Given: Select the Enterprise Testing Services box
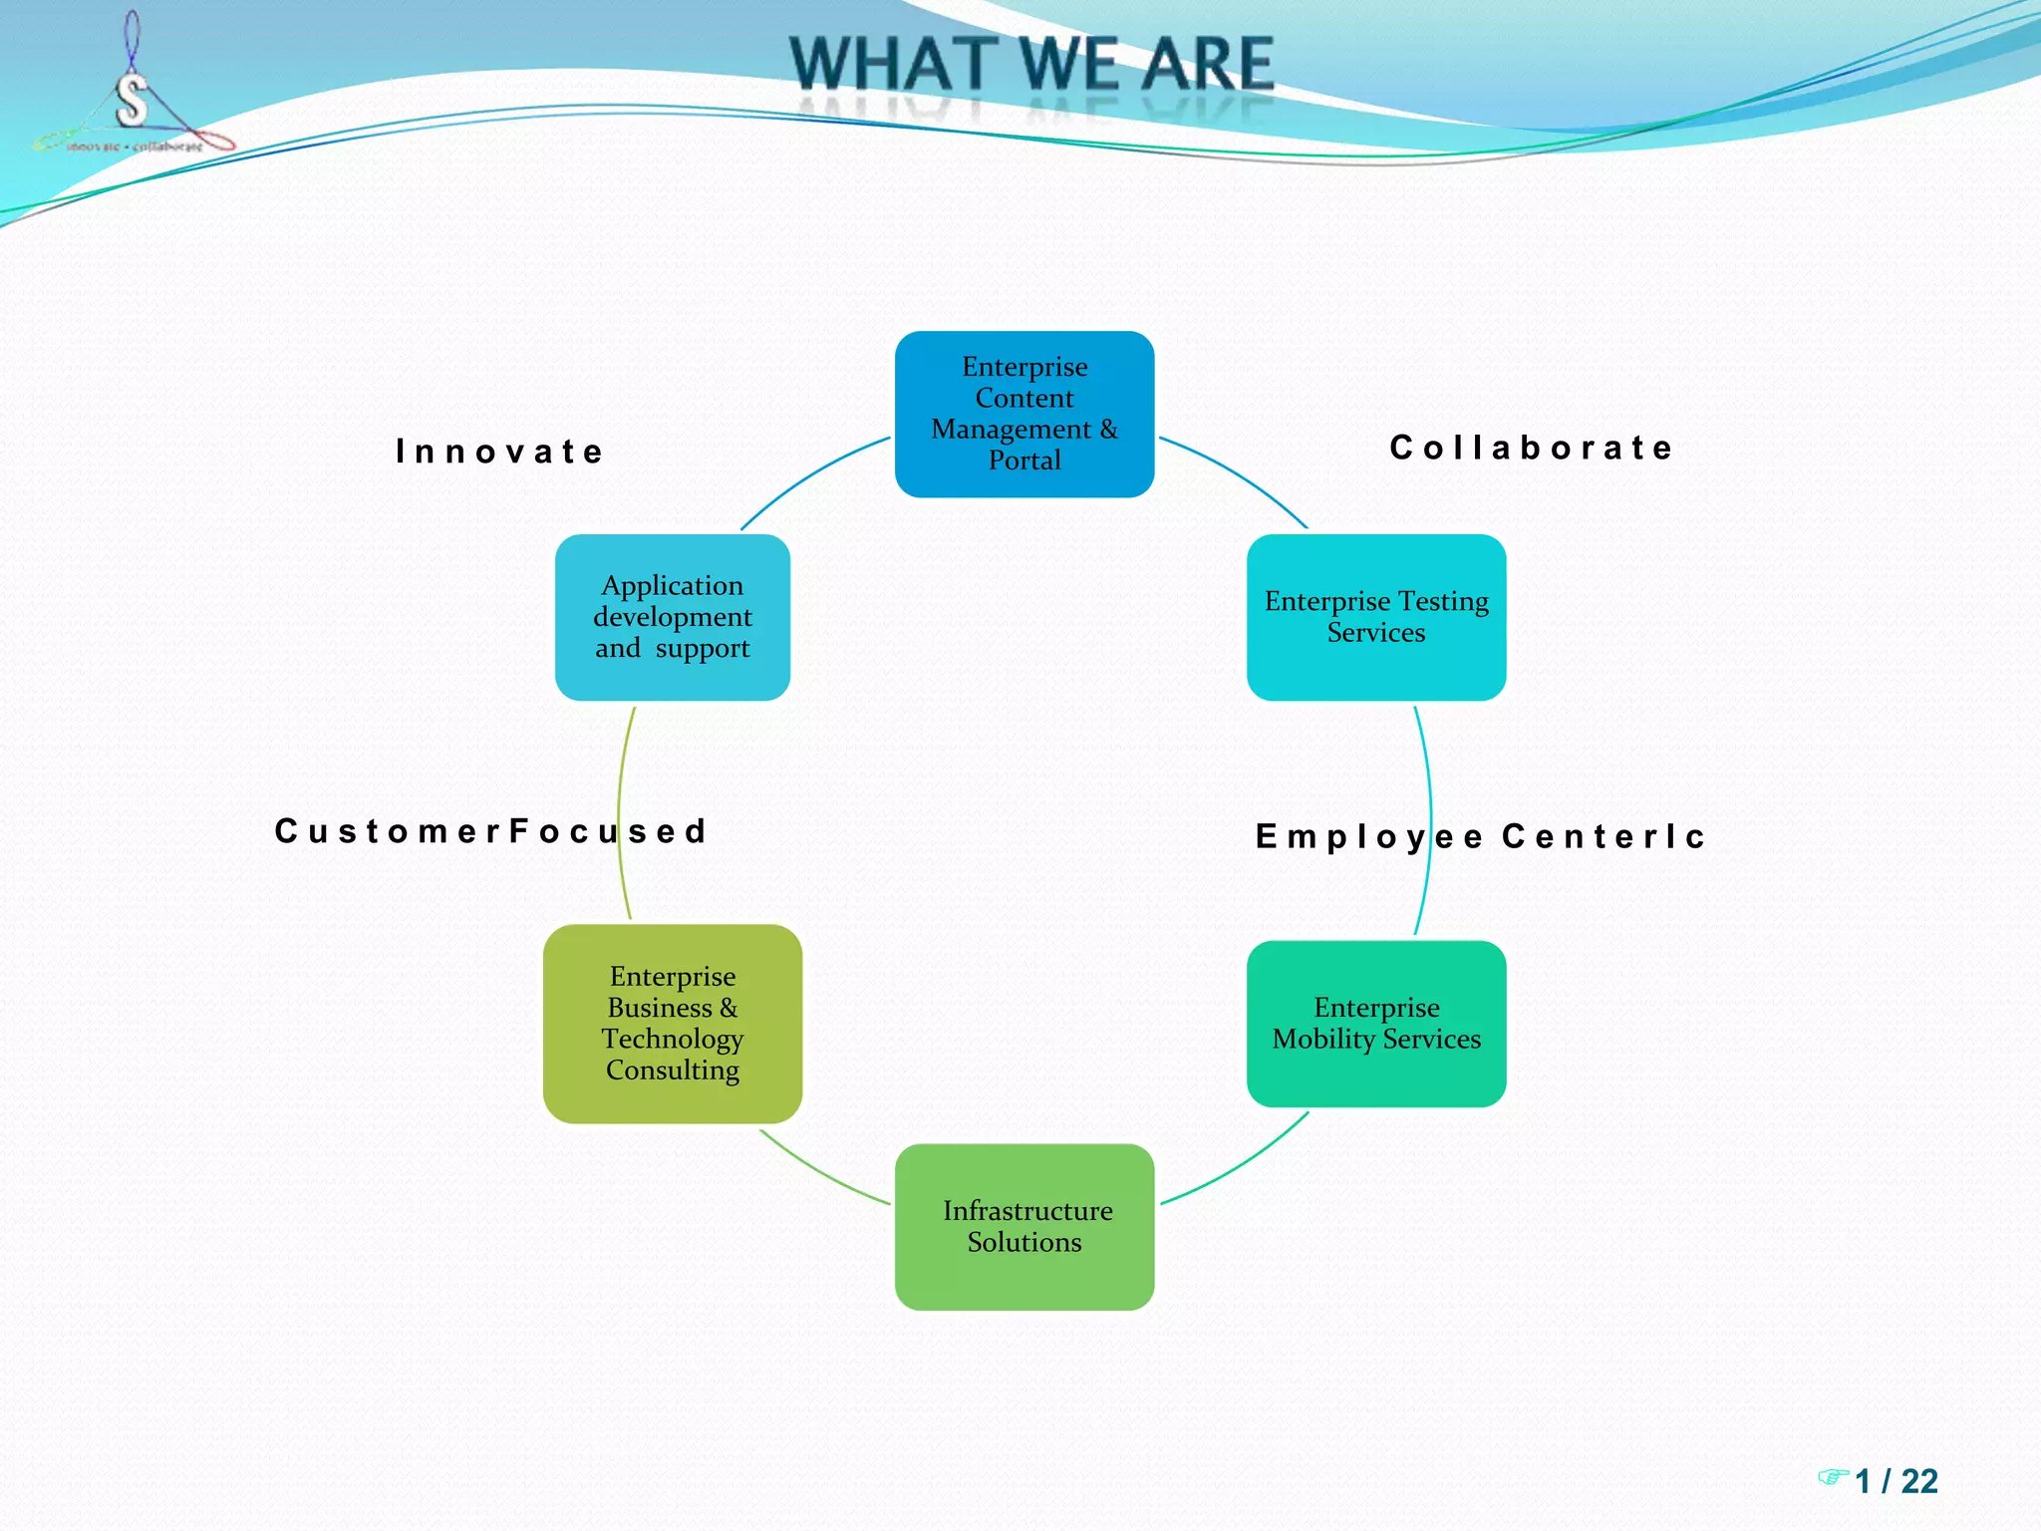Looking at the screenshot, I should pyautogui.click(x=1376, y=617).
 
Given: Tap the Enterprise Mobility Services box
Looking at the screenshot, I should pyautogui.click(x=1376, y=1024).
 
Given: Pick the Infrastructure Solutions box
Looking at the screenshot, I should pyautogui.click(x=1024, y=1227).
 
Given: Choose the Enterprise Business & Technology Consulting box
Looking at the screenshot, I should pyautogui.click(x=673, y=1024).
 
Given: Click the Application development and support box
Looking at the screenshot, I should pyautogui.click(x=673, y=617).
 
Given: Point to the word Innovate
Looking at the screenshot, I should pyautogui.click(x=500, y=452).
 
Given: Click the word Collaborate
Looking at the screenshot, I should pyautogui.click(x=1532, y=448).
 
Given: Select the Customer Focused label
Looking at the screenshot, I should pyautogui.click(x=490, y=831).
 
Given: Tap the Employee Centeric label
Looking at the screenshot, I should pyautogui.click(x=1481, y=836).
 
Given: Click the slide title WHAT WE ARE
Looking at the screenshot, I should pyautogui.click(x=1031, y=64).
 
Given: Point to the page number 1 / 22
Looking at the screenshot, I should pyautogui.click(x=1896, y=1481).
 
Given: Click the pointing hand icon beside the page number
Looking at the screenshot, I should pyautogui.click(x=1832, y=1476).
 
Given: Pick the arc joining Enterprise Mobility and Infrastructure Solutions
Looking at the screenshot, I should pyautogui.click(x=1241, y=1167).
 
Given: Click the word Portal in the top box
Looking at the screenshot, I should pyautogui.click(x=1024, y=460).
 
